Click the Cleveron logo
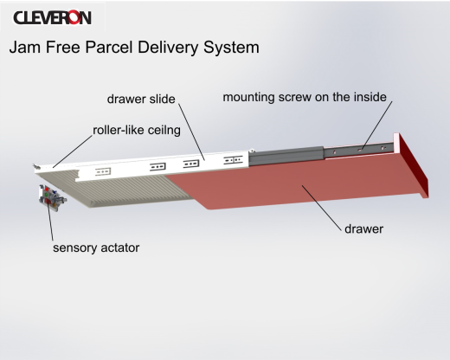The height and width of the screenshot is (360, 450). pos(52,17)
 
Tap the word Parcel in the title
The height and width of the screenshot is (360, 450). pos(109,47)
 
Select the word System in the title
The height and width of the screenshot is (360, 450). pos(231,48)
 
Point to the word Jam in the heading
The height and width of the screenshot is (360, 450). pos(24,47)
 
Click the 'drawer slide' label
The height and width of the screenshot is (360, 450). pos(141,99)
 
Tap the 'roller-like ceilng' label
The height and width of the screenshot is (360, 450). pos(137,131)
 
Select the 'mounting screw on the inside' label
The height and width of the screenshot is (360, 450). pos(305,97)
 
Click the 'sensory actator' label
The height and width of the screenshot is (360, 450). pos(96,247)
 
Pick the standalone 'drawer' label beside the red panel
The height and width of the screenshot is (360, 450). pos(364,229)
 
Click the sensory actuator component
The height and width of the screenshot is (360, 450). pos(52,198)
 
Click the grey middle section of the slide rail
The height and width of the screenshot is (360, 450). pos(286,156)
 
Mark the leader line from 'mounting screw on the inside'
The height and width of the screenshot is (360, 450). pos(377,125)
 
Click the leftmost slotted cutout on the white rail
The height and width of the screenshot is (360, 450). pos(103,172)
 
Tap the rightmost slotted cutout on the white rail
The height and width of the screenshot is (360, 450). pos(233,159)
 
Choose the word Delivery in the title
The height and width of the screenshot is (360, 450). pos(168,48)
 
